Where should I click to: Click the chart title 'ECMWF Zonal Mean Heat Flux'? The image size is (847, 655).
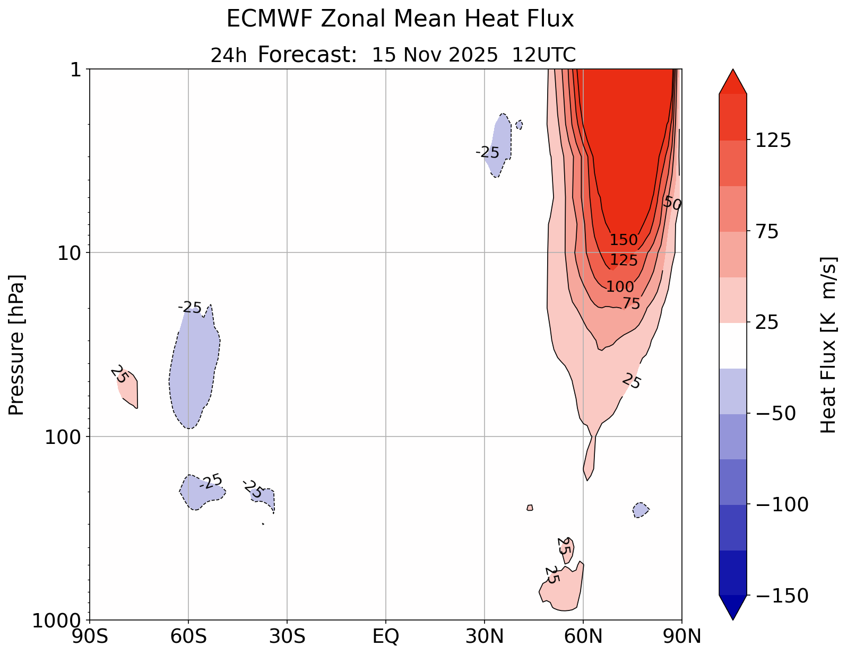point(400,20)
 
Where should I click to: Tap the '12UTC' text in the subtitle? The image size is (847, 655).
point(543,55)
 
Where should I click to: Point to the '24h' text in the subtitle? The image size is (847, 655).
point(229,56)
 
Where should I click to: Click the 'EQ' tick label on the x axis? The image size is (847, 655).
point(386,636)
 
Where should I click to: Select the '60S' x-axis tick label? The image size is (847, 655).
point(188,636)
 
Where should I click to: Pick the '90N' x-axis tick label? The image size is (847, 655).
point(681,636)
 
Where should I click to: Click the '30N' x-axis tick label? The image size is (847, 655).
point(485,636)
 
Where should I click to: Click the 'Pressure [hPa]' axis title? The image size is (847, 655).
point(17,345)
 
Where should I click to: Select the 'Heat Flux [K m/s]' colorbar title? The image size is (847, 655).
point(828,345)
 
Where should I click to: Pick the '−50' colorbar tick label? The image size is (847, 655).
point(775,414)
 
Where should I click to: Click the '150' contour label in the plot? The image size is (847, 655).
point(623,240)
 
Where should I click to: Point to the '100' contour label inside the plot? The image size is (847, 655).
point(620,287)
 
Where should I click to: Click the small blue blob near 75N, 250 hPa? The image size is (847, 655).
point(641,510)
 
